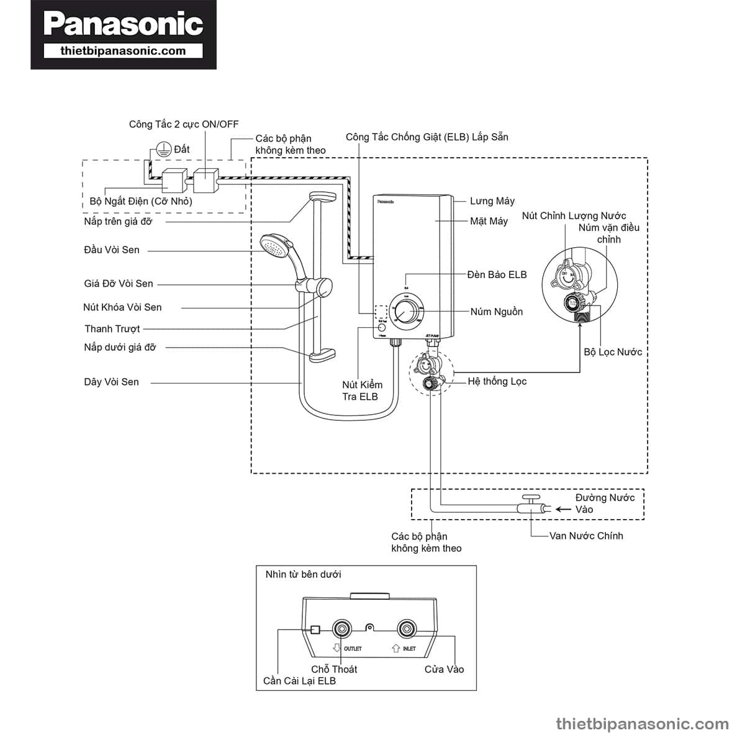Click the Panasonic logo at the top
124,25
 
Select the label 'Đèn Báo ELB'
497,274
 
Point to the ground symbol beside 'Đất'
163,149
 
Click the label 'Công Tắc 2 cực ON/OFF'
183,124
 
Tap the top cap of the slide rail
323,197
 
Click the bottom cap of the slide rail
322,355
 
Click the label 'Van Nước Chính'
585,536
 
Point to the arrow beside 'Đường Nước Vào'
562,509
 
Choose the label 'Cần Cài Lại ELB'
299,681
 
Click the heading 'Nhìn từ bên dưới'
303,574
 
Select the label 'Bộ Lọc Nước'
613,352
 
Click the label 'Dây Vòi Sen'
112,382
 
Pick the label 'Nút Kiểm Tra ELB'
362,391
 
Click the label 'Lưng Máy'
492,201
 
